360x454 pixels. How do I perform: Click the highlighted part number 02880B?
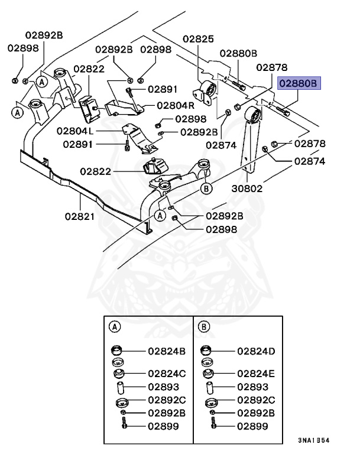299,84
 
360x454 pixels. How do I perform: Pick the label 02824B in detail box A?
166,351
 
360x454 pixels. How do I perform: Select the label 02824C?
166,374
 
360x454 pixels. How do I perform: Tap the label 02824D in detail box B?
257,351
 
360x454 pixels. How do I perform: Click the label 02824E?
257,374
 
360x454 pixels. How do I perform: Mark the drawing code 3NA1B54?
314,440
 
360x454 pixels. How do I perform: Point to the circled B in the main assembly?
206,189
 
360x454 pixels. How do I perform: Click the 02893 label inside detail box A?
163,387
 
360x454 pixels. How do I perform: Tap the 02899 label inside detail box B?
253,425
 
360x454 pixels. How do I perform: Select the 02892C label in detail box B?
257,400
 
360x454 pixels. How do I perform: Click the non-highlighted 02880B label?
238,53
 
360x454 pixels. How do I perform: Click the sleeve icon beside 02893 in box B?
210,388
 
